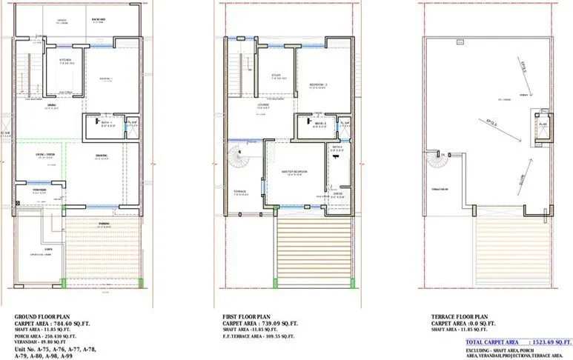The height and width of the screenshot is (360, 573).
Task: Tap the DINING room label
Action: tap(51, 105)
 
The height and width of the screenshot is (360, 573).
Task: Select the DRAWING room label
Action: tap(101, 155)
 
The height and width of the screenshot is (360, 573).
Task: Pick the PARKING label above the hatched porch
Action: tap(104, 222)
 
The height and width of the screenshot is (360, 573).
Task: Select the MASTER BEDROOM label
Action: tap(294, 171)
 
